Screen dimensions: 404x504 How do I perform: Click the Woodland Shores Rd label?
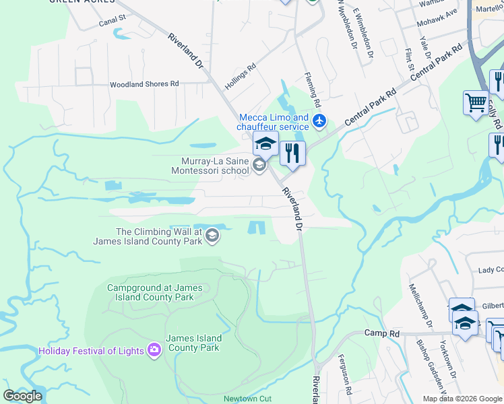pyautogui.click(x=145, y=84)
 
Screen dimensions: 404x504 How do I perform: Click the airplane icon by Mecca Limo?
pyautogui.click(x=319, y=122)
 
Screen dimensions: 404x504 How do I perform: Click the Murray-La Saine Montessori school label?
pyautogui.click(x=215, y=166)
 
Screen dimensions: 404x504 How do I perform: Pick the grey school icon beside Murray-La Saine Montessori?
pyautogui.click(x=259, y=166)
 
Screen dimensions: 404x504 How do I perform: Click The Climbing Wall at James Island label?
pyautogui.click(x=160, y=236)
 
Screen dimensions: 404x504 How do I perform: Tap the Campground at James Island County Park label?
pyautogui.click(x=155, y=292)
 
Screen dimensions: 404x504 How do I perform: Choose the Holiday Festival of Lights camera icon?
pyautogui.click(x=154, y=350)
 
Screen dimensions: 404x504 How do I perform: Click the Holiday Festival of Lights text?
pyautogui.click(x=92, y=351)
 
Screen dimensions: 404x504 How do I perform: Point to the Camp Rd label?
pyautogui.click(x=382, y=333)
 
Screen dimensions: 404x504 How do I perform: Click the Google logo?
pyautogui.click(x=22, y=396)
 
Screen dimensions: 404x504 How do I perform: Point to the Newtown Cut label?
pyautogui.click(x=247, y=399)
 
